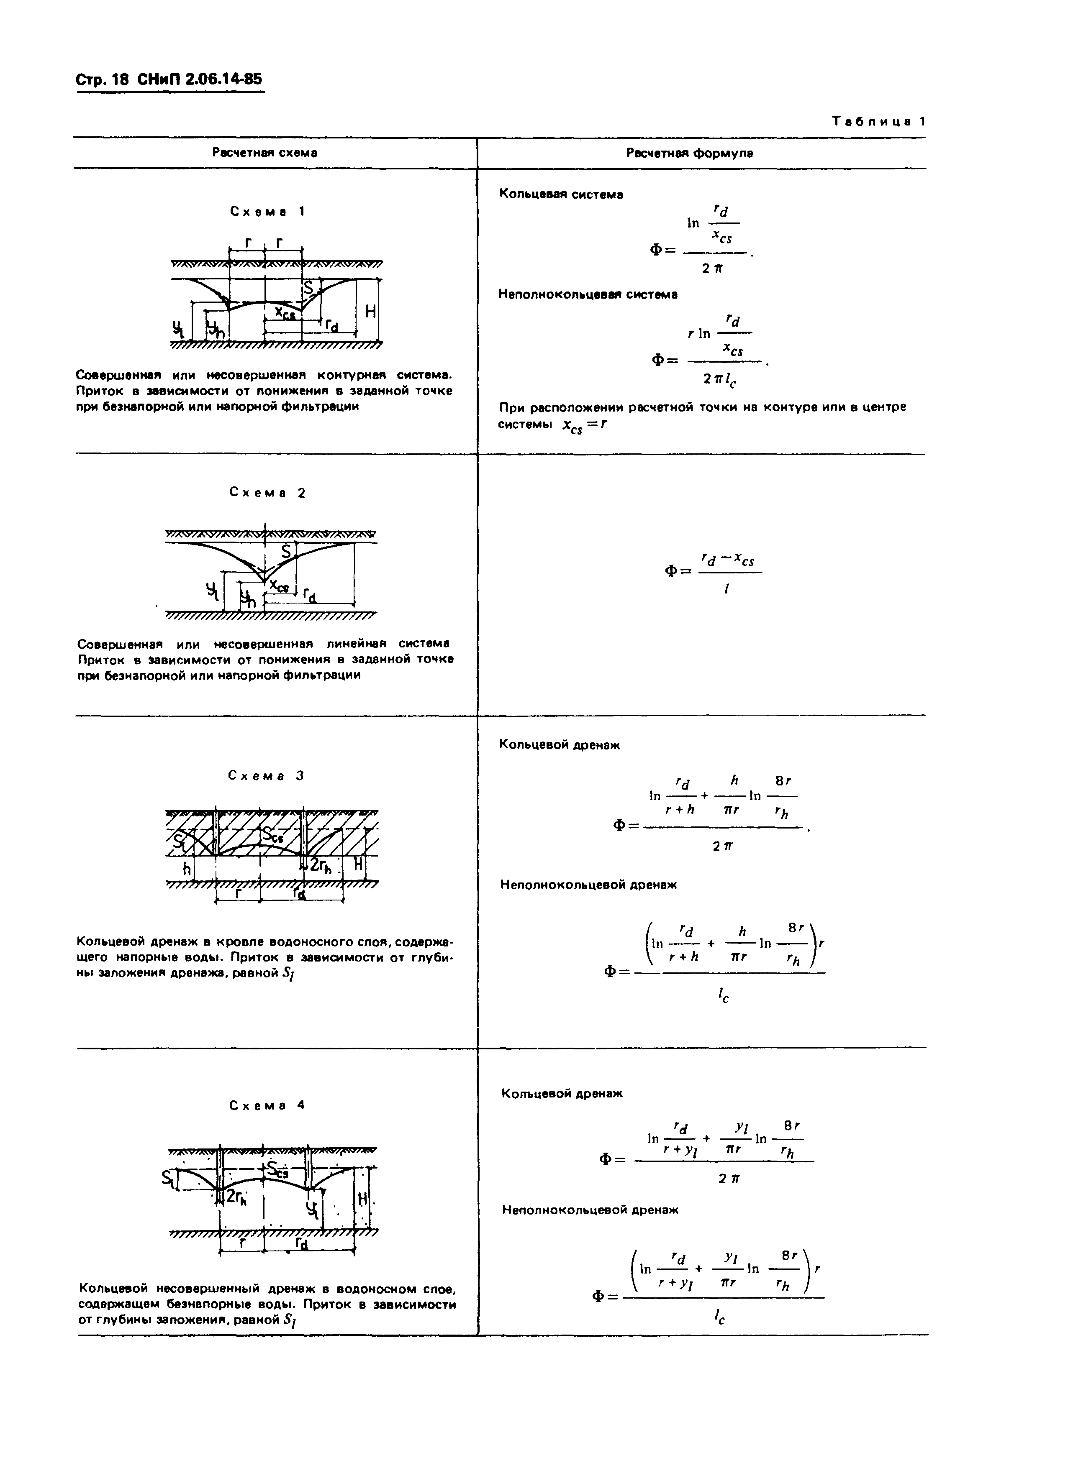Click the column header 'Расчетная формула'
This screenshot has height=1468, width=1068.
tap(689, 153)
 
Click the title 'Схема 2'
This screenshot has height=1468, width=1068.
tap(267, 493)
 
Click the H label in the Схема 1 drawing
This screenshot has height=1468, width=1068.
tap(370, 312)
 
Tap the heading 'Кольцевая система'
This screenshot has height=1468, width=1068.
tap(561, 194)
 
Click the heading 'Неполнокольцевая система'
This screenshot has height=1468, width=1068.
tap(588, 294)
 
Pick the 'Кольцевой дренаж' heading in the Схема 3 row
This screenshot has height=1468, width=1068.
tap(559, 745)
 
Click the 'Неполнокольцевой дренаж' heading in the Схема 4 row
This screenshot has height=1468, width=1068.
tap(590, 1210)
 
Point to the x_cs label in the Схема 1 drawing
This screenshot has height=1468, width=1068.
tap(284, 313)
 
